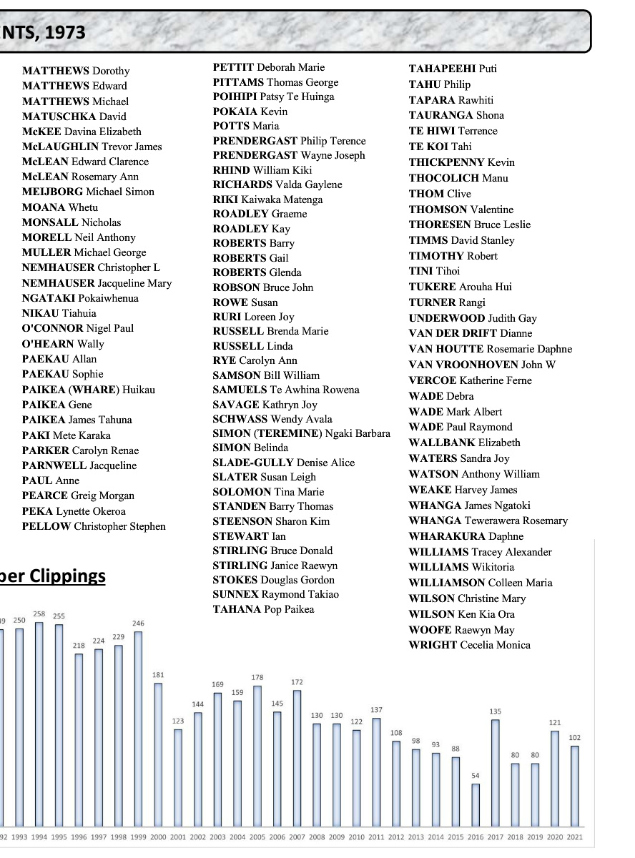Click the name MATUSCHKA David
(74, 117)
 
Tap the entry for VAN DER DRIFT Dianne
(470, 333)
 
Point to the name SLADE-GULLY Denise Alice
(283, 463)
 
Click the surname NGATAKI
(49, 298)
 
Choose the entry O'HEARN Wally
(63, 344)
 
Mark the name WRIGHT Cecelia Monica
(469, 645)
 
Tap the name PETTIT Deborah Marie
(268, 67)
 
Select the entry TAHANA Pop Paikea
(263, 609)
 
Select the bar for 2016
(476, 805)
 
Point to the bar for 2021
(575, 786)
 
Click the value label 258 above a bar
(39, 614)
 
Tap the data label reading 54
(476, 776)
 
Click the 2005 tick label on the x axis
(257, 837)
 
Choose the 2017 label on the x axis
(496, 837)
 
